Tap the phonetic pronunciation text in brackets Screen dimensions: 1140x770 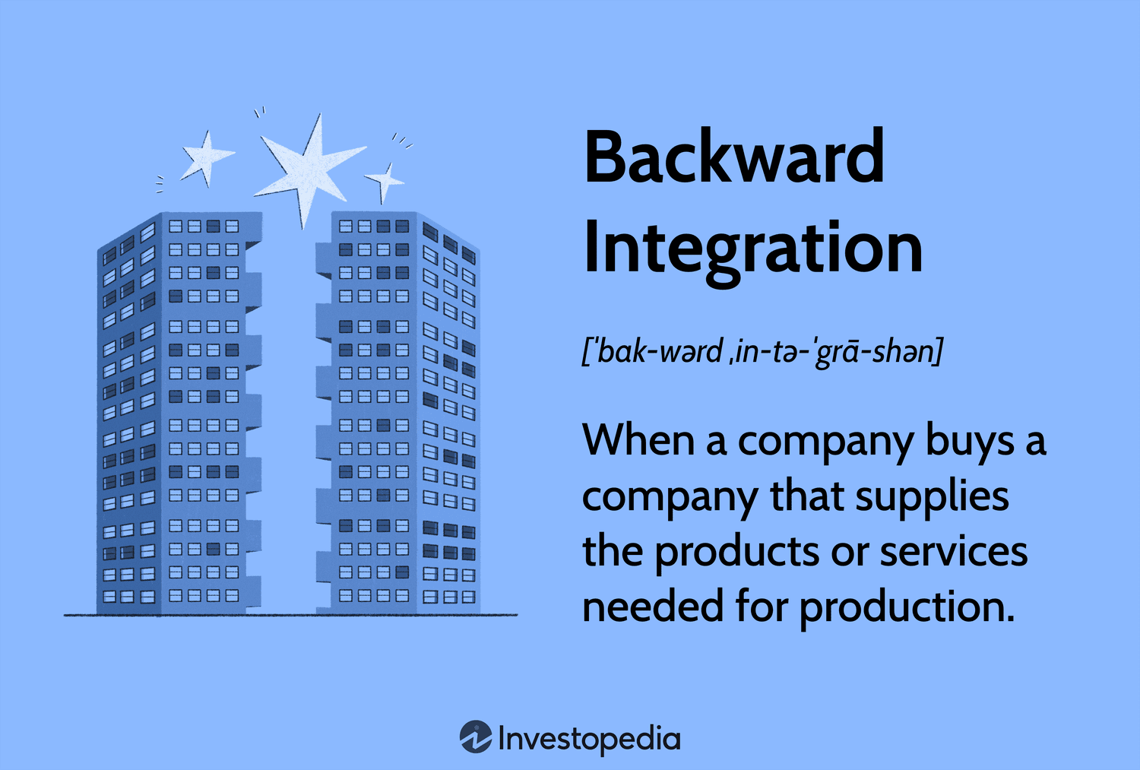coord(762,352)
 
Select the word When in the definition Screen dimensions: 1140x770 coord(638,439)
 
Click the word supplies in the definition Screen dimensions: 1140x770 coord(933,497)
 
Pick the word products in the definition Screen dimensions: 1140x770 coord(737,553)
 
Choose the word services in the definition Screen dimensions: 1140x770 coord(954,552)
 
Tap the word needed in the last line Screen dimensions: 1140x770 coord(653,606)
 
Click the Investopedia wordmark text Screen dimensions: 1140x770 coord(589,739)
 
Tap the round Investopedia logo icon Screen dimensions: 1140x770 coord(476,737)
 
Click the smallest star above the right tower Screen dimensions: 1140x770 coord(385,182)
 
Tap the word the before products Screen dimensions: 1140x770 coord(613,551)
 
